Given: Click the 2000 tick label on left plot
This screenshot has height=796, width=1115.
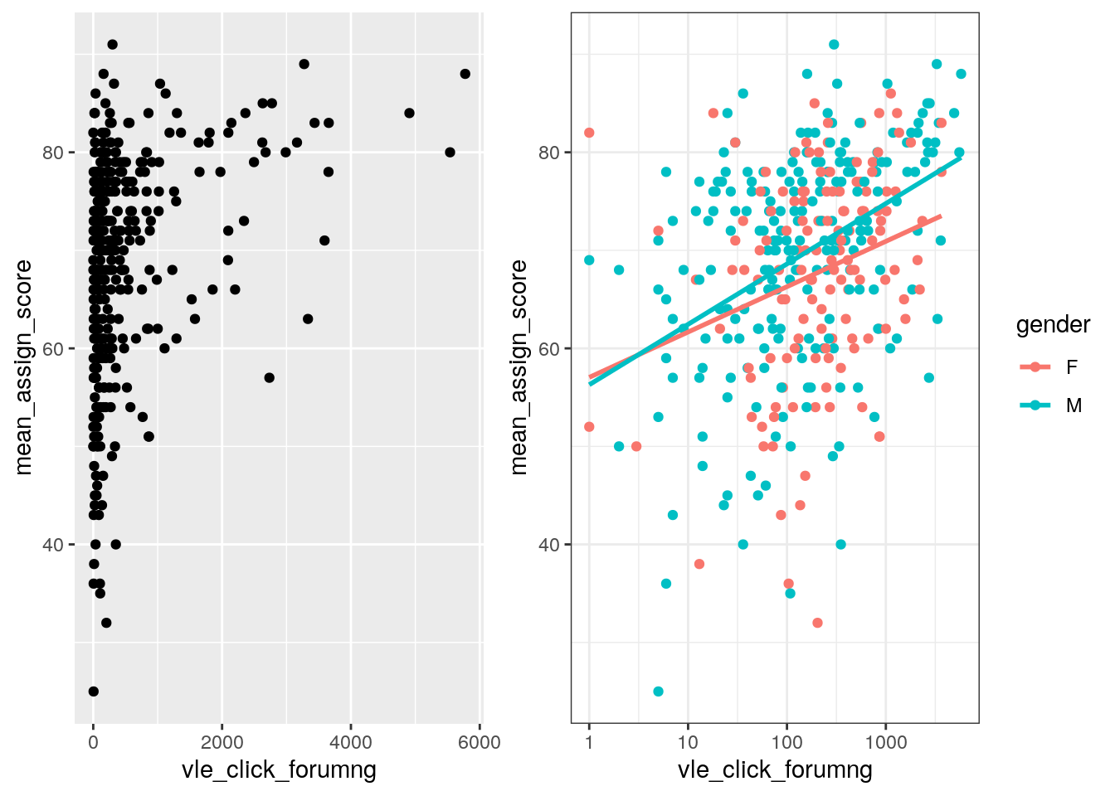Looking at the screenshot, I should point(222,742).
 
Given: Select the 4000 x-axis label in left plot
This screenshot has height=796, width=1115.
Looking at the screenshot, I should point(350,742).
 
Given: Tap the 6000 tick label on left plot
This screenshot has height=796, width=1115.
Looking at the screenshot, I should point(479,742).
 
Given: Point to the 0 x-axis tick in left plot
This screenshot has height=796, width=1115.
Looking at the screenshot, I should point(93,742).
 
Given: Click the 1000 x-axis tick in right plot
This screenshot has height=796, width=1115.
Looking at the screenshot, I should point(885,742).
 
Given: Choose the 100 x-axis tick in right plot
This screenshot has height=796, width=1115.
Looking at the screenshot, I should point(786,742).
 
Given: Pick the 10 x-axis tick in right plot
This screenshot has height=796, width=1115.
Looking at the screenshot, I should point(688,742).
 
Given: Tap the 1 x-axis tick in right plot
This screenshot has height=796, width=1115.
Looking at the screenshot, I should point(589,742).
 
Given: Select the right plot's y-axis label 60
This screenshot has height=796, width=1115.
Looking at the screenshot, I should point(550,348).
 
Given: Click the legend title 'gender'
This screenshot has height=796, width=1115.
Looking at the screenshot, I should point(1053,325).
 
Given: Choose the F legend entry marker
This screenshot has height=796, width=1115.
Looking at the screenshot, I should point(1035,367).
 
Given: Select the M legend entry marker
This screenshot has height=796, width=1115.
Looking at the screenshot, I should point(1035,405).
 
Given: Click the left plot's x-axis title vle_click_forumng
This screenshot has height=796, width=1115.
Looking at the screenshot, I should point(279,770).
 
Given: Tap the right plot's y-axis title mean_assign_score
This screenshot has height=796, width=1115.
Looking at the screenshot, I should point(519,366).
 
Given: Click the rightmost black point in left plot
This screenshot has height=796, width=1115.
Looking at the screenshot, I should point(465,74).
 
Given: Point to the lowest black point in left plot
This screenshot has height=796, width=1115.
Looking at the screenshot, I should point(93,692).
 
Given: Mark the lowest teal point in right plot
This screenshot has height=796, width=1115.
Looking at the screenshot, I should point(658,692).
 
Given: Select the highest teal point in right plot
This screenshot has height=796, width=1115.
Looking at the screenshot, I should point(834,45).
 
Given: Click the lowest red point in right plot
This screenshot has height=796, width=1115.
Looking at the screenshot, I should point(818,623).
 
